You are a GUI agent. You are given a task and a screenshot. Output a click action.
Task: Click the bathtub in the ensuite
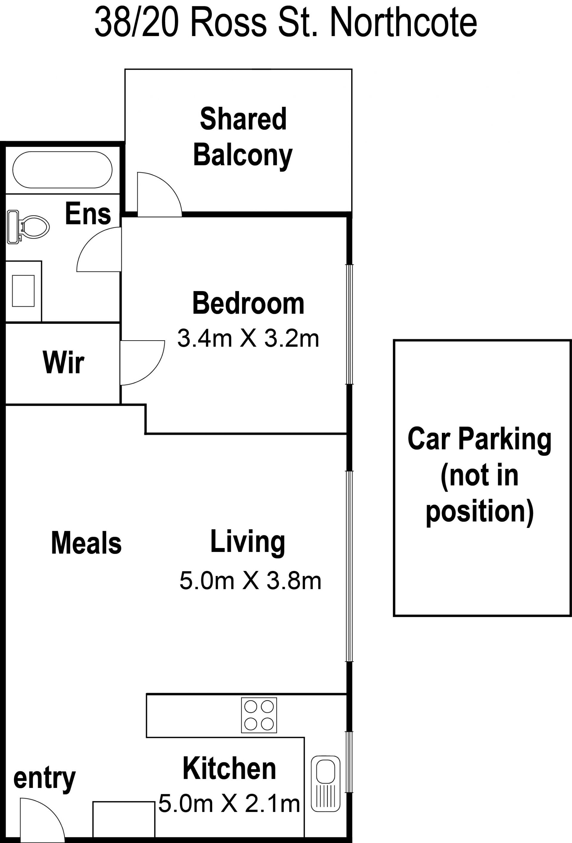coord(63,169)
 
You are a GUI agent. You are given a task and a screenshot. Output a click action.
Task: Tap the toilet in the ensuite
coord(28,227)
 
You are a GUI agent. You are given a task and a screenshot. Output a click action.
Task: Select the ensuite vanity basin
coord(23,291)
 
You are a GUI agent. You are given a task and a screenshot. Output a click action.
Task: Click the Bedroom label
coord(248,303)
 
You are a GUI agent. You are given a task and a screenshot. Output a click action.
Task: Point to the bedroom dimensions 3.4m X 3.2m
coord(248,338)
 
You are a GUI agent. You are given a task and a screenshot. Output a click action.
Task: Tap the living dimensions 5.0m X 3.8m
coord(251,580)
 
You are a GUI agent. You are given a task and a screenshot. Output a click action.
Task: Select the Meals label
coord(86,543)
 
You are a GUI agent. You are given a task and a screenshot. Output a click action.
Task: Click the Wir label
coord(63,362)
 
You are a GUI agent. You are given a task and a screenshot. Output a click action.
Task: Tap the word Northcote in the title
coord(403,23)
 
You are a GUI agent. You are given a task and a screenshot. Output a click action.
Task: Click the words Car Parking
coord(479,439)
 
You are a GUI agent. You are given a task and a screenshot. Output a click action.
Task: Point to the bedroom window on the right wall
coord(349,324)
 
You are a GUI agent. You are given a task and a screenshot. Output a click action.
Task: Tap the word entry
coord(44,778)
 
